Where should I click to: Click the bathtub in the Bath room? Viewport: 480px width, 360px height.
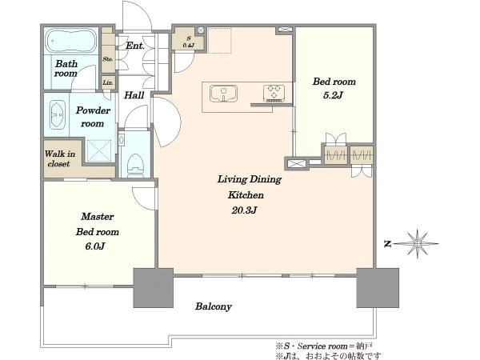click(x=70, y=42)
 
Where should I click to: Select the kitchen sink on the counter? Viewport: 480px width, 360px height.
click(x=223, y=94)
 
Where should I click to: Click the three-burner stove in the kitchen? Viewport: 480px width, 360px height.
click(x=274, y=93)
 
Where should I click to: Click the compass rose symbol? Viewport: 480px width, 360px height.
click(x=417, y=244)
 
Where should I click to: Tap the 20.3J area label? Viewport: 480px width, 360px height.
click(x=244, y=210)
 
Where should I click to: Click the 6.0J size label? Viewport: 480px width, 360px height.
click(x=95, y=246)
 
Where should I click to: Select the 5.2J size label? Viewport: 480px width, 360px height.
click(x=333, y=95)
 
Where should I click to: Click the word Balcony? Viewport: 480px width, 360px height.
click(x=214, y=306)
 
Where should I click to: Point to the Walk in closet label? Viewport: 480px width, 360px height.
click(x=59, y=158)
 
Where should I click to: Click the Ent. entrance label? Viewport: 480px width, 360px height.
click(x=135, y=46)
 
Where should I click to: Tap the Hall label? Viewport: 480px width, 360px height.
click(x=134, y=95)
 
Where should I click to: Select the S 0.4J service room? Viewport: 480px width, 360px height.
click(x=187, y=39)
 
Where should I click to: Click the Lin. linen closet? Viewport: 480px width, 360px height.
click(x=108, y=82)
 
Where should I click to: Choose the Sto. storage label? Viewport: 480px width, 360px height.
click(x=108, y=58)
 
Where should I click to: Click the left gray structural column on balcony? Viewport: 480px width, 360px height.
click(x=154, y=288)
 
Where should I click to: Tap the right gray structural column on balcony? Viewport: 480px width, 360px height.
click(x=378, y=288)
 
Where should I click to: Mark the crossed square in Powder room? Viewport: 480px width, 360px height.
click(x=99, y=150)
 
